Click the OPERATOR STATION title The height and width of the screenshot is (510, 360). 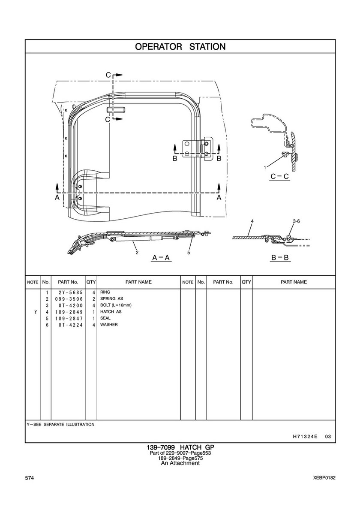point(180,46)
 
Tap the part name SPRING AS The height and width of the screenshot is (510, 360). point(111,299)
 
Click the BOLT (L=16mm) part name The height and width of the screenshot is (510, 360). point(116,305)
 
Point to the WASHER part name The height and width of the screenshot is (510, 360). point(109,325)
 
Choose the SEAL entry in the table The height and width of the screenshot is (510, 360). point(105,318)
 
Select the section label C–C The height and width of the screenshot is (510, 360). point(279,176)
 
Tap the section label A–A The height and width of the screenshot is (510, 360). point(162,258)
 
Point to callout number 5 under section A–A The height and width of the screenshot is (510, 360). point(189,253)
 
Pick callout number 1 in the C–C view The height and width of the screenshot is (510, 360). point(266,166)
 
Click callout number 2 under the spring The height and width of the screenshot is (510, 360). point(137,253)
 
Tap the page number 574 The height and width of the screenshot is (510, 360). point(30,478)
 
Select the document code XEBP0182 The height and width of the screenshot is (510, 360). point(324,478)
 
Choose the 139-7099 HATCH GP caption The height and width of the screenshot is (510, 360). point(180,447)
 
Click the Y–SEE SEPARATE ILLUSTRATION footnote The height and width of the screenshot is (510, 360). point(60,424)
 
